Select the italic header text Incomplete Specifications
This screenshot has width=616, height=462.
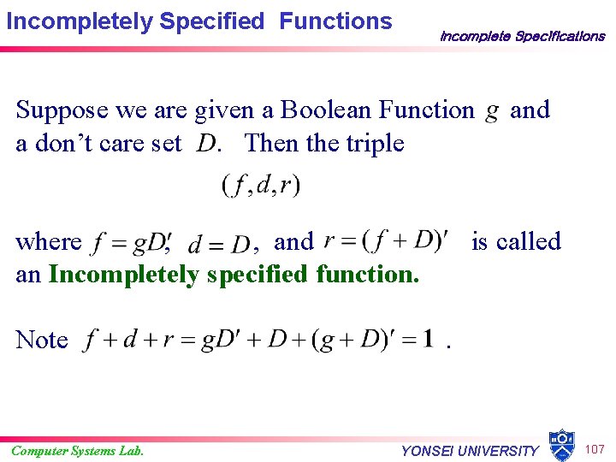(522, 36)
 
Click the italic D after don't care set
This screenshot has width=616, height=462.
(205, 144)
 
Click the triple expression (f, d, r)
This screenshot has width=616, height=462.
(261, 184)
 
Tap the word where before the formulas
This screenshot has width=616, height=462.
(49, 242)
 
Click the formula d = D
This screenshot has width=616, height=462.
(219, 245)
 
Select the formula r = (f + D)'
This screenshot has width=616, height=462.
(386, 241)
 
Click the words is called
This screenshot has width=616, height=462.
(516, 241)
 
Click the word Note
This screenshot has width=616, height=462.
(42, 341)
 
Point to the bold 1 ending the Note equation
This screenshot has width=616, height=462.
(428, 339)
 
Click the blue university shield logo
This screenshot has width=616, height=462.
(561, 445)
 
